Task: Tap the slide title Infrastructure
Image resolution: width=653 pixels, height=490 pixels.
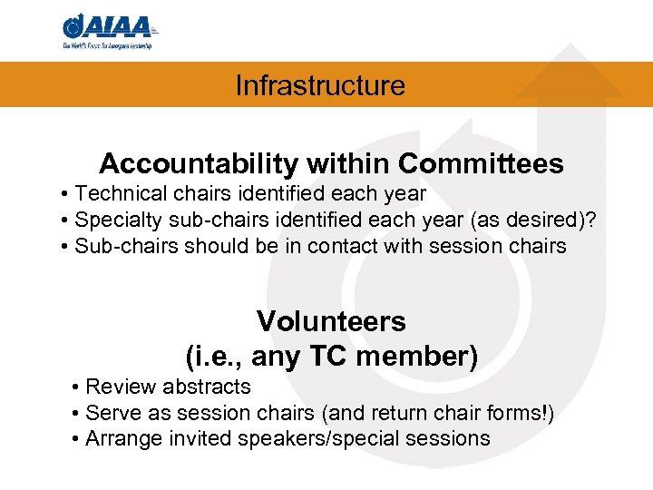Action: (x=319, y=86)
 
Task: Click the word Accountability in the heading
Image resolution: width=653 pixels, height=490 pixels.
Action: (x=198, y=164)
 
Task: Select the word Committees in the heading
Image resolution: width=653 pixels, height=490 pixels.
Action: (x=481, y=164)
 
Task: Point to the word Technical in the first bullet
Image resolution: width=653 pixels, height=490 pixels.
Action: (x=113, y=194)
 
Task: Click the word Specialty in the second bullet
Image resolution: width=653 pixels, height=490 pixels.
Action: (x=111, y=220)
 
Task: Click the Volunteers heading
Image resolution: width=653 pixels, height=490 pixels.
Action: (x=331, y=321)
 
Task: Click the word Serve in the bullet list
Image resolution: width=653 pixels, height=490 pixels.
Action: (x=111, y=413)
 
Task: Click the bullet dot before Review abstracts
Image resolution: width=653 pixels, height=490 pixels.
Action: (x=73, y=387)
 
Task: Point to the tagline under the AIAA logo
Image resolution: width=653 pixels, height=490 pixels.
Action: (x=106, y=45)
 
